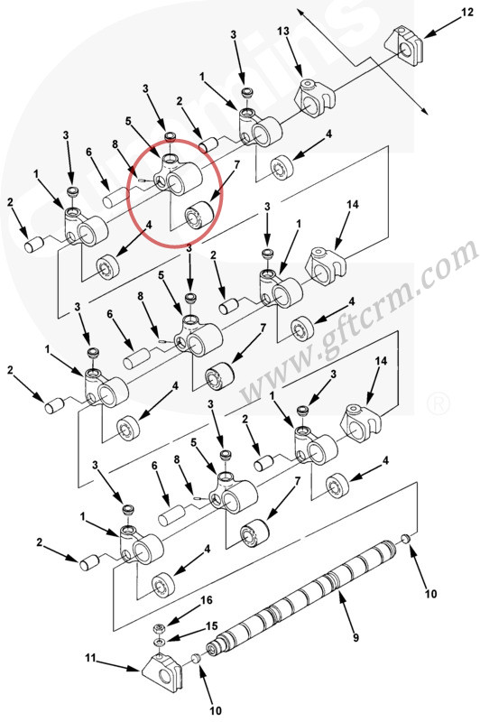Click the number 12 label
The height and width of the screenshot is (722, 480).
(466, 12)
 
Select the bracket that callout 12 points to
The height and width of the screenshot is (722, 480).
(404, 46)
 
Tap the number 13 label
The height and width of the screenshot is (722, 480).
(283, 32)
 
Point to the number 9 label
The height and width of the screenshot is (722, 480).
(355, 638)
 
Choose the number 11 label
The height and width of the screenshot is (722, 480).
(90, 658)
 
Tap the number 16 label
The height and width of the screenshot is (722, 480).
(207, 600)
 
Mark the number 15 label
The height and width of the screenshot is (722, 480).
(211, 626)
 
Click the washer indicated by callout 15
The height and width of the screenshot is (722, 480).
(159, 642)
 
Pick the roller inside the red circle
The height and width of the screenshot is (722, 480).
(198, 215)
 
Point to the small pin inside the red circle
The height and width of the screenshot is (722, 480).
(143, 181)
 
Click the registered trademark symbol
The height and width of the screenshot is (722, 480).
(438, 403)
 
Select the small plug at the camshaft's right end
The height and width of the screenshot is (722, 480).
(405, 538)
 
